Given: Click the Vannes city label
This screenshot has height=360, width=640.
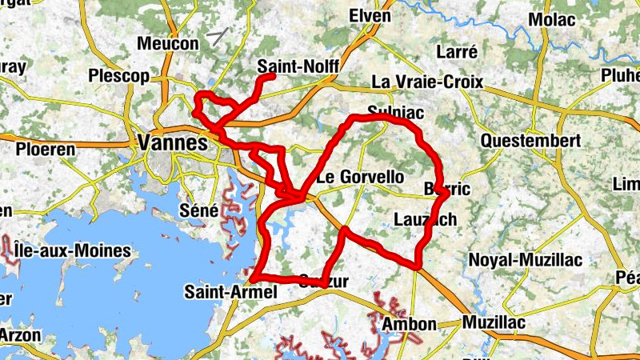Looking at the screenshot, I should pyautogui.click(x=173, y=143).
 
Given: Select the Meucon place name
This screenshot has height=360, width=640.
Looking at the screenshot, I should pyautogui.click(x=167, y=43).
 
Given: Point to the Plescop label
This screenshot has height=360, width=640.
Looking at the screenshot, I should pyautogui.click(x=120, y=77).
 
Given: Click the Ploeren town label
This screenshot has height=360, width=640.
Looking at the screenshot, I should pyautogui.click(x=46, y=149).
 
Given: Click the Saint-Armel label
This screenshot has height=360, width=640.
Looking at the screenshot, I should pyautogui.click(x=230, y=292).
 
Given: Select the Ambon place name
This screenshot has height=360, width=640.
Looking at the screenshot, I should pyautogui.click(x=410, y=324).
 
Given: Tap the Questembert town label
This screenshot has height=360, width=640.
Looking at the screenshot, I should pyautogui.click(x=531, y=141).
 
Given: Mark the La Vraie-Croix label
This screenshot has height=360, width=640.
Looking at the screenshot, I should pyautogui.click(x=424, y=82).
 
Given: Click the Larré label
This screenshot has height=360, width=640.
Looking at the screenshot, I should pyautogui.click(x=458, y=52).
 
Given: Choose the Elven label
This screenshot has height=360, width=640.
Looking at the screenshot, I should pyautogui.click(x=370, y=16).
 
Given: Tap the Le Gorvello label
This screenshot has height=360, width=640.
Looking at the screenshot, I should pyautogui.click(x=361, y=177).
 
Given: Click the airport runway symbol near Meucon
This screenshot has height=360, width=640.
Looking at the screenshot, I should pyautogui.click(x=217, y=35).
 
